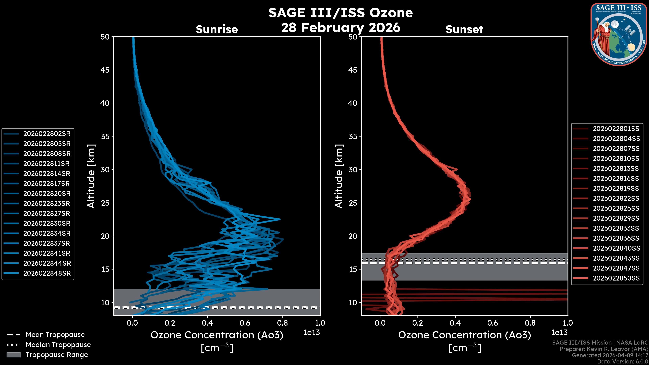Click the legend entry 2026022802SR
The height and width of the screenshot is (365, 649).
(47, 134)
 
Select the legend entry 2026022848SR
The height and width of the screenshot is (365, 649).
(47, 273)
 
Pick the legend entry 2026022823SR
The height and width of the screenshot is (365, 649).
(47, 203)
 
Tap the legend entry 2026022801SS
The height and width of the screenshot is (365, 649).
(616, 129)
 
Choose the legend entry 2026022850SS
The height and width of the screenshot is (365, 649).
(616, 278)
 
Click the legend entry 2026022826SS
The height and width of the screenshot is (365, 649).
(616, 208)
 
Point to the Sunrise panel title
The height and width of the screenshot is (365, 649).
(217, 29)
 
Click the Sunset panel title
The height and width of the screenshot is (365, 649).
(464, 29)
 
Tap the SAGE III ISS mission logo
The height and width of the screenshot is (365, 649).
(619, 34)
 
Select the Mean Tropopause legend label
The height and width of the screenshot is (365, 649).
(55, 335)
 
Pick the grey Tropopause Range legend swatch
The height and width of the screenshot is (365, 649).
(13, 355)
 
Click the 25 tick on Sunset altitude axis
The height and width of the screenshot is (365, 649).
(353, 203)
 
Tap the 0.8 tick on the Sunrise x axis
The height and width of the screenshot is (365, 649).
(282, 323)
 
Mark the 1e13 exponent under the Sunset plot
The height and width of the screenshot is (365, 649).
(559, 333)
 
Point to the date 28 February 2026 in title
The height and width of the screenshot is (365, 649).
(341, 27)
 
